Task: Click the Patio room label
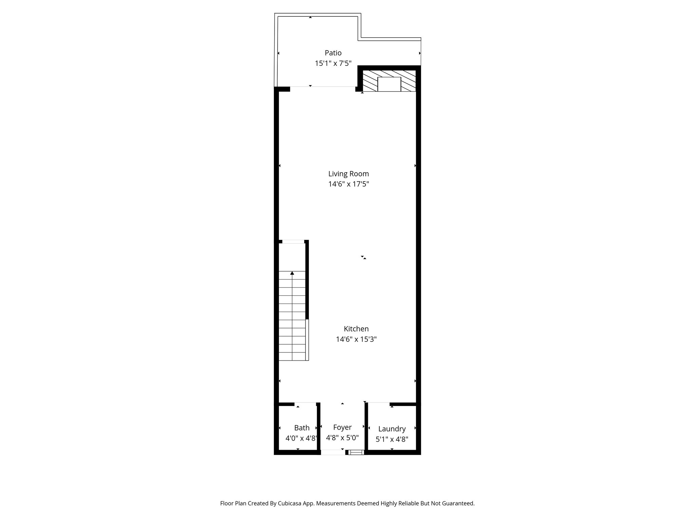[x=333, y=53]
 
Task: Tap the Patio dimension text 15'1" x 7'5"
[x=333, y=63]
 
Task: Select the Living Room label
[x=348, y=174]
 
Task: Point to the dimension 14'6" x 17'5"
[x=348, y=184]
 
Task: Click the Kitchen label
[x=356, y=329]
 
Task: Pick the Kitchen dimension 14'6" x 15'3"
[x=356, y=339]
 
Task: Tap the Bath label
[x=302, y=428]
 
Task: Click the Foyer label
[x=342, y=427]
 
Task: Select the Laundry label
[x=392, y=429]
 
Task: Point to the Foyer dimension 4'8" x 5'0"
[x=342, y=438]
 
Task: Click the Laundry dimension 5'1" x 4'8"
[x=392, y=439]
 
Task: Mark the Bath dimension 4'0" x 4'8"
[x=301, y=438]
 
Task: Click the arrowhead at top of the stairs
[x=292, y=273]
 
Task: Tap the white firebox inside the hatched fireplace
[x=389, y=84]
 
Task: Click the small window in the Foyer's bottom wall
[x=356, y=452]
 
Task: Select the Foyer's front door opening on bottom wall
[x=333, y=452]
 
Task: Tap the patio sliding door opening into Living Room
[x=322, y=89]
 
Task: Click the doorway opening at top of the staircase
[x=293, y=242]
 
